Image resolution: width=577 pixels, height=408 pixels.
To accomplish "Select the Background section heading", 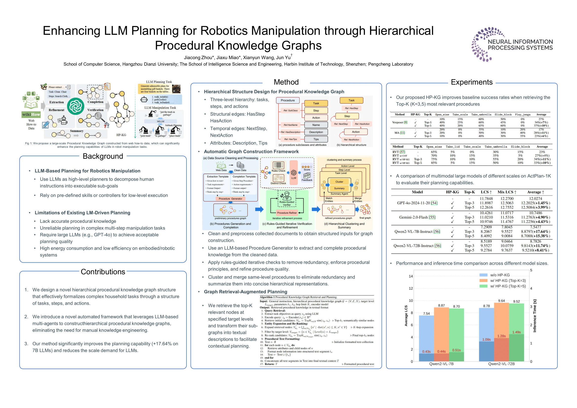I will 103,156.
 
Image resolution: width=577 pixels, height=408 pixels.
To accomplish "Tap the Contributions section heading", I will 103,272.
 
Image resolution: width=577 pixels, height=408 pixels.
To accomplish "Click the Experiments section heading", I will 471,82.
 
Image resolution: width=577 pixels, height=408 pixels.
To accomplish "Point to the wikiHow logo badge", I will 31,114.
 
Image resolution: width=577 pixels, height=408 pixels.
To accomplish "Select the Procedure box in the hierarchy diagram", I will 288,100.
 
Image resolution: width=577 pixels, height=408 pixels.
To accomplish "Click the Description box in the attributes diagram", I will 316,132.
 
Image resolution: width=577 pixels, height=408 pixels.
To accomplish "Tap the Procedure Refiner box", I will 287,213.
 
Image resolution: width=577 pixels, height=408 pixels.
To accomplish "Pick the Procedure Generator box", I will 230,199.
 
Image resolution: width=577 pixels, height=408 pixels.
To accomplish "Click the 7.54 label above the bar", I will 426,314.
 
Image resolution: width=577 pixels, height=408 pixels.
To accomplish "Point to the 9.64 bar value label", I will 501,301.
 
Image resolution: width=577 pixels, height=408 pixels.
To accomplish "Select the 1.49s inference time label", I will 516,332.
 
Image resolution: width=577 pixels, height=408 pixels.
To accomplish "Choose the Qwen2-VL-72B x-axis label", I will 501,364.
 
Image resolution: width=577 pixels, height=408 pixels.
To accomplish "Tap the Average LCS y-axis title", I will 406,316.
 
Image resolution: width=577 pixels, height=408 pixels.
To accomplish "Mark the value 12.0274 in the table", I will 536,199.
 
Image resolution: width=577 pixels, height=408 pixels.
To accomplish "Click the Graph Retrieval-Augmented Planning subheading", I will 245,292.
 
